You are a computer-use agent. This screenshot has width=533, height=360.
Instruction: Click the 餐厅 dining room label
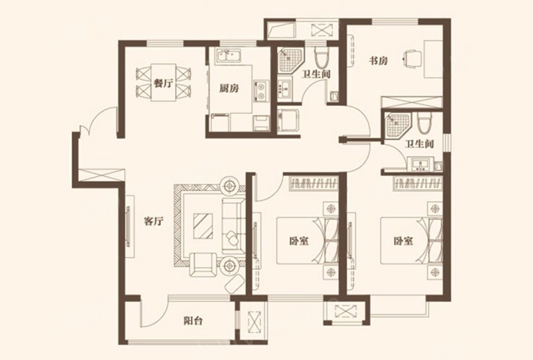[x=164, y=83]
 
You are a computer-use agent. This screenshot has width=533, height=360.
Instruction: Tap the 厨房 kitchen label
[x=229, y=88]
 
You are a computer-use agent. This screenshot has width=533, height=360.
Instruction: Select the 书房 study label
[x=378, y=61]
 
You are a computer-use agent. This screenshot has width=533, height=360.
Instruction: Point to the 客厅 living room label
[x=154, y=222]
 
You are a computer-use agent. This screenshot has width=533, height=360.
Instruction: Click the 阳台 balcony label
[x=194, y=321]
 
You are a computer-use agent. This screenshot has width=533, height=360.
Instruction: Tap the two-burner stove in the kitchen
[x=261, y=91]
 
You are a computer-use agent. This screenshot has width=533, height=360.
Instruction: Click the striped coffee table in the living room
[x=203, y=226]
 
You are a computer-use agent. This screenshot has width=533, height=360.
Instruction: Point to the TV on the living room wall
[x=128, y=226]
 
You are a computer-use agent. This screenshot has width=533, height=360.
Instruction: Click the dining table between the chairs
[x=164, y=82]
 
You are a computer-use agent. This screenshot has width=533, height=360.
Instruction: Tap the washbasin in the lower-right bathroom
[x=420, y=165]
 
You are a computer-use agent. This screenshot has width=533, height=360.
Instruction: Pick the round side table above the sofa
[x=230, y=186]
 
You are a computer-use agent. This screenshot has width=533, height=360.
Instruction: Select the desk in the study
[x=433, y=59]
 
